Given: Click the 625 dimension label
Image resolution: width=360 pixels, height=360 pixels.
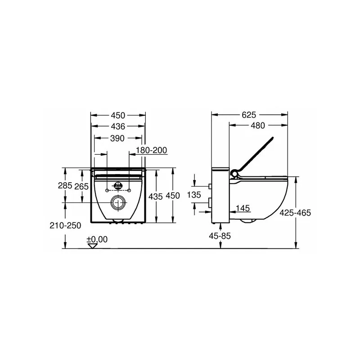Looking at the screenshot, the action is [249, 115].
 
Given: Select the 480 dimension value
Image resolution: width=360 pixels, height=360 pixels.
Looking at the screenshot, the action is [258, 126].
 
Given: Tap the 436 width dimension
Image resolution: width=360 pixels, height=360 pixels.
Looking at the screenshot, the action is [118, 126].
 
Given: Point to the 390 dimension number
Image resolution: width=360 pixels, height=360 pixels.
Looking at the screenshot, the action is [117, 138].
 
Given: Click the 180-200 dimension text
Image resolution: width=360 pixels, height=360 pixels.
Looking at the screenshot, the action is [151, 150].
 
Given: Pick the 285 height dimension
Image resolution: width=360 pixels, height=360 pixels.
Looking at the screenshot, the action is [65, 185].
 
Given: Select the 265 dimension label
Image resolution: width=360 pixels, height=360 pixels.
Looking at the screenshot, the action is [81, 186].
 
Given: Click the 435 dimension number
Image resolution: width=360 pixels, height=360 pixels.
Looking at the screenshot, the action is [155, 197].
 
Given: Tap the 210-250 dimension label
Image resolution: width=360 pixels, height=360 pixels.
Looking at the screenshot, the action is [65, 225].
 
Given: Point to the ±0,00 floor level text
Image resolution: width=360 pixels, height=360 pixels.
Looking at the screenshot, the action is [97, 239].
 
